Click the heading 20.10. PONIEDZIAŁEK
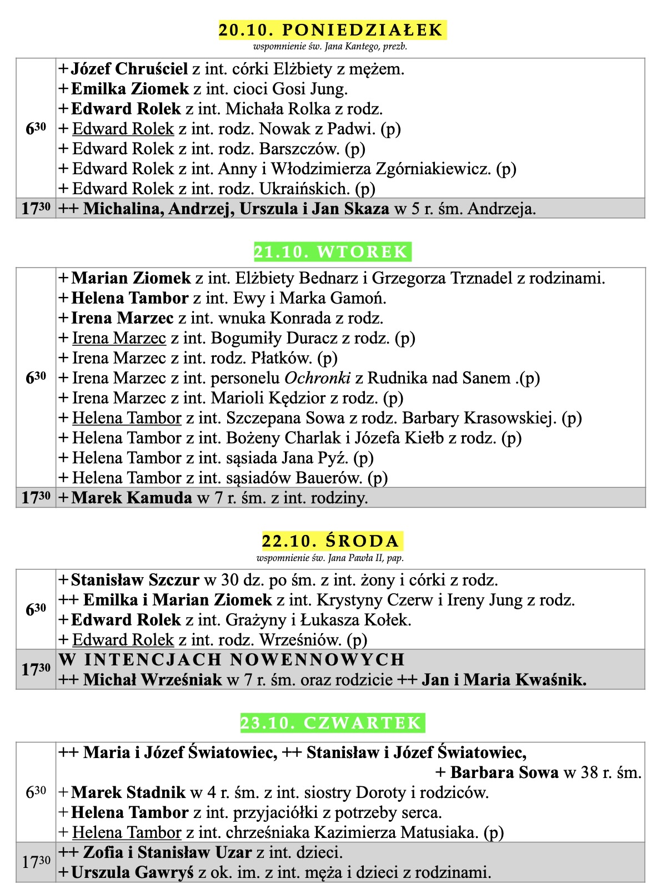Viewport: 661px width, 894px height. coord(332,30)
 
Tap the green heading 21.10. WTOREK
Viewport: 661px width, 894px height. coord(332,252)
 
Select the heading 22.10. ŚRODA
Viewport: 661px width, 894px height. coord(332,541)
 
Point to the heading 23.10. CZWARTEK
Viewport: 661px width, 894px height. coord(332,723)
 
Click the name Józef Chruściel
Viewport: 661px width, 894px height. coord(129,69)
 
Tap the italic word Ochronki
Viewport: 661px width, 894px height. coord(317,378)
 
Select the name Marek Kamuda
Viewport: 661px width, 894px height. coord(132,498)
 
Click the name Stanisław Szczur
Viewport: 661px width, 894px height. coord(135,580)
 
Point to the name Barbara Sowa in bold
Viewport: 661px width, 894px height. coord(504,772)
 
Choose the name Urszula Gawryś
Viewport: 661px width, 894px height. coord(132,872)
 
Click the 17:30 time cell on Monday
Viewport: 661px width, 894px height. coord(36,209)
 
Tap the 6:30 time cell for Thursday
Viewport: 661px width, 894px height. coord(36,792)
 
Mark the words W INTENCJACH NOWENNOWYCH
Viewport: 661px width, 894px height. coord(232,660)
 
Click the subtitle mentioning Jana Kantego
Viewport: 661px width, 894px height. coord(330,47)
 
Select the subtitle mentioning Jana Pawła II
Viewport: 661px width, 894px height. coord(330,558)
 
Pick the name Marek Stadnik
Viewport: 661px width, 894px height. coord(128,792)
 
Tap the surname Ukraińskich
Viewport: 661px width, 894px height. coord(304,189)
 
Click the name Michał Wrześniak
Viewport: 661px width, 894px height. coord(153,680)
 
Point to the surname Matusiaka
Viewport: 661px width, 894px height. coord(438,832)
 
